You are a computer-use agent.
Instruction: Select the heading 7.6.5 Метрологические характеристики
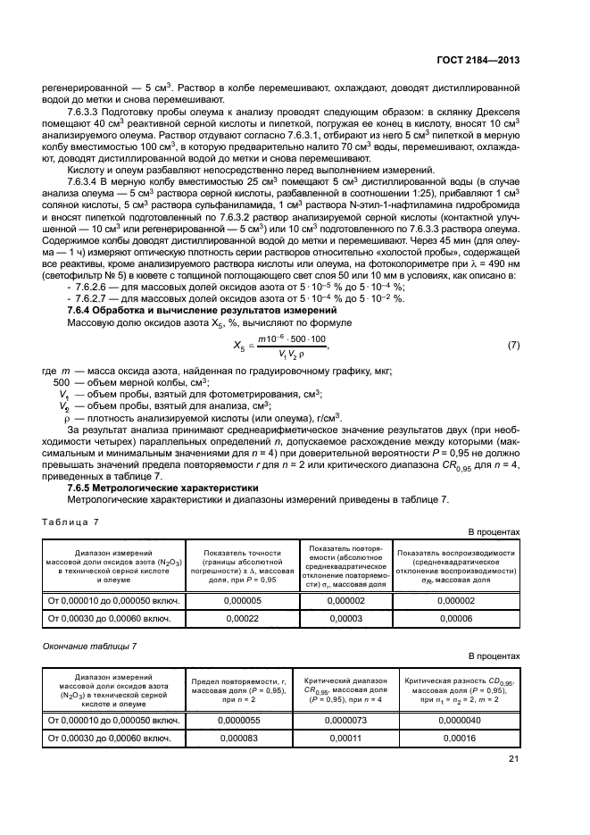163,488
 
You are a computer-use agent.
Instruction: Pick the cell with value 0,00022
242,617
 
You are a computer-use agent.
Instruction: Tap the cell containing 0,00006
459,617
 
